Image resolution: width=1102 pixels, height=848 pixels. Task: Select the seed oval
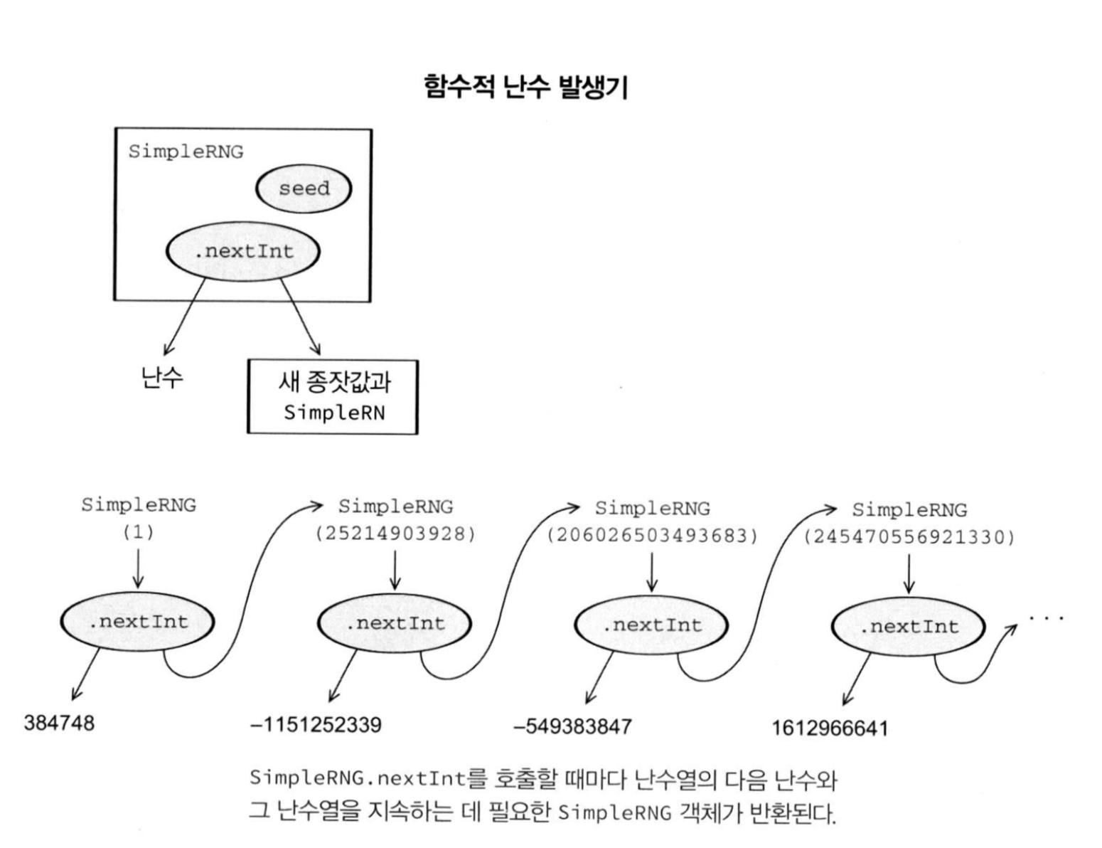(x=304, y=189)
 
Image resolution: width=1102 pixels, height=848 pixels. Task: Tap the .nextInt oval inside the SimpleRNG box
(x=243, y=251)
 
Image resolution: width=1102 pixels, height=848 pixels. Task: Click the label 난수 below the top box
(x=162, y=376)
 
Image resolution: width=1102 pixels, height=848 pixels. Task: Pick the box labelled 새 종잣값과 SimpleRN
(x=333, y=397)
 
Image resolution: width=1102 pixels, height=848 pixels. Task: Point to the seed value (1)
(x=139, y=531)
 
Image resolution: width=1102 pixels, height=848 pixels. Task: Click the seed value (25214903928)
(x=395, y=534)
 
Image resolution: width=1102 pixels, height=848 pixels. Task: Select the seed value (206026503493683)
(x=653, y=535)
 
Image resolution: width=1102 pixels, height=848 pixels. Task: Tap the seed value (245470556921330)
(x=909, y=536)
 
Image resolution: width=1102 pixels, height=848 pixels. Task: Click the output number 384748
(x=59, y=723)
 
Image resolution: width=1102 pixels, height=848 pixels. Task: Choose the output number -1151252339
(x=316, y=725)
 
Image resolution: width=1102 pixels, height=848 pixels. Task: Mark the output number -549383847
(x=572, y=726)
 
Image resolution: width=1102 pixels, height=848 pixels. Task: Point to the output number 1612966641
(x=830, y=728)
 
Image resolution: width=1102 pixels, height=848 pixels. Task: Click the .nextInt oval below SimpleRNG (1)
(x=138, y=622)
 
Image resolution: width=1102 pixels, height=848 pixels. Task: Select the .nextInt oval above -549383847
(x=651, y=625)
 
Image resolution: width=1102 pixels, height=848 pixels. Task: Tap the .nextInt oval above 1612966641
(x=909, y=627)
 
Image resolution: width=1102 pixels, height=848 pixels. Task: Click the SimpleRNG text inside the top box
(x=186, y=152)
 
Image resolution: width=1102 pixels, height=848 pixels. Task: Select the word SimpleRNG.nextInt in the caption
(x=358, y=778)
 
